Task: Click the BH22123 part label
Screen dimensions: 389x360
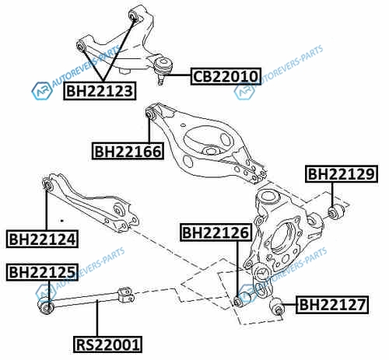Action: [100, 91]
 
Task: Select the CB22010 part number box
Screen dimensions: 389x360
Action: [226, 76]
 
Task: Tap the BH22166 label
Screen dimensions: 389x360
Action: [128, 151]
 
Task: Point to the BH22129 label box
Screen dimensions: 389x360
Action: [342, 173]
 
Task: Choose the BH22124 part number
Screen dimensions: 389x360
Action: [42, 239]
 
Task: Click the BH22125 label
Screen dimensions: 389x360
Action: [42, 272]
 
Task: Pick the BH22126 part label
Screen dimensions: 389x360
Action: [216, 232]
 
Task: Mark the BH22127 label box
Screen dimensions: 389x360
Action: [332, 305]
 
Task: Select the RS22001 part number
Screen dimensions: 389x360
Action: [107, 344]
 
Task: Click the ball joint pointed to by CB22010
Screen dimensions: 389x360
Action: [163, 69]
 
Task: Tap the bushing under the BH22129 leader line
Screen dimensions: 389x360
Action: [336, 211]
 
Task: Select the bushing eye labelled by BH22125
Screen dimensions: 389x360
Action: [46, 306]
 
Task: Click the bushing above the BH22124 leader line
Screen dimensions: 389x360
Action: [47, 183]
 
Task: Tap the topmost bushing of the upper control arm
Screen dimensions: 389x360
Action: [135, 15]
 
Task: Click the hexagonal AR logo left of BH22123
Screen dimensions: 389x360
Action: [42, 91]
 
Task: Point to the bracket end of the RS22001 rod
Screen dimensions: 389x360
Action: [126, 295]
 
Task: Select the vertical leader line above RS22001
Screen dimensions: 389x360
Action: [97, 318]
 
